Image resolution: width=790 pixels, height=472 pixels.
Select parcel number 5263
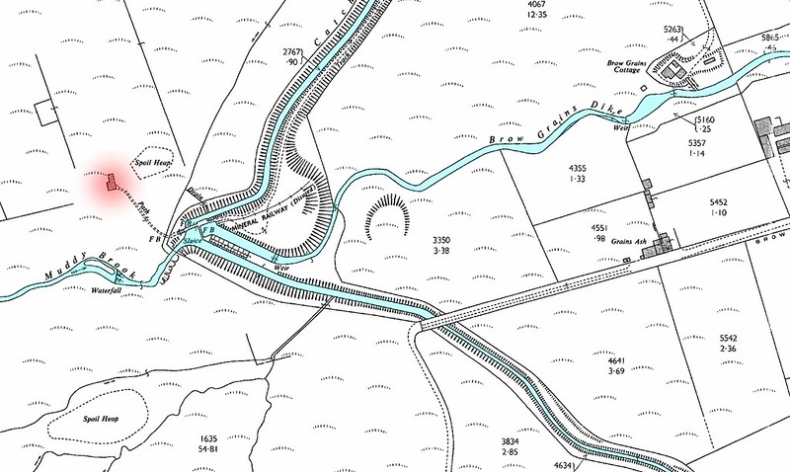[x=671, y=30]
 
